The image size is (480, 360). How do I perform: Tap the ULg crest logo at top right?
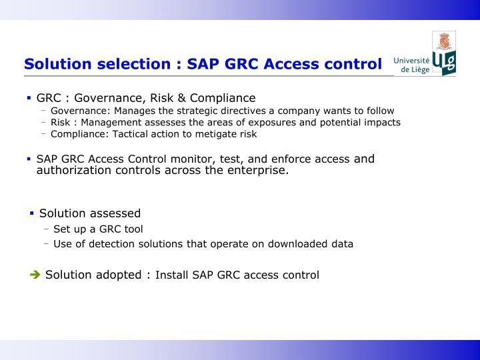pos(444,53)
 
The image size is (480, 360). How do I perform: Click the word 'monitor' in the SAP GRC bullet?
pos(179,159)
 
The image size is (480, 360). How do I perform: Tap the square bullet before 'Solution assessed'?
pos(31,213)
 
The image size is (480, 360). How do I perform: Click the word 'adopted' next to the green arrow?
pos(120,275)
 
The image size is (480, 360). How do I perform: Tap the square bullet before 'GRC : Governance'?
pos(29,98)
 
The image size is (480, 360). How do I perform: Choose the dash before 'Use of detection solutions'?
pos(47,244)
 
